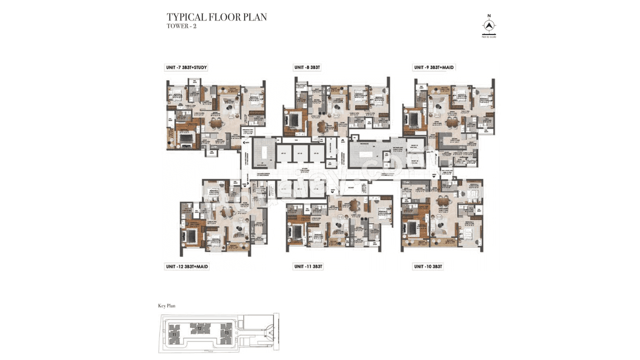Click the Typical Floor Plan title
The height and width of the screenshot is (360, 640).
[216, 17]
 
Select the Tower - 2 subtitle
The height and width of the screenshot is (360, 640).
[181, 26]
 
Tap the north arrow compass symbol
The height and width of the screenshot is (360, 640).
[488, 25]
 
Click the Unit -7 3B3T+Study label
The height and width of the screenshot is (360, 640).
[186, 67]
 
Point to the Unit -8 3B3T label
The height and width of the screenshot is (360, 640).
[307, 67]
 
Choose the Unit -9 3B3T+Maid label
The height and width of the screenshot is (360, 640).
[434, 67]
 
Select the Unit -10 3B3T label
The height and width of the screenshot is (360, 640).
[428, 267]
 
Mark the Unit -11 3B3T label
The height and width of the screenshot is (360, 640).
[308, 267]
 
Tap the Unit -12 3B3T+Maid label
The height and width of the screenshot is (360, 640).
[187, 267]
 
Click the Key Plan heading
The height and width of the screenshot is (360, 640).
[166, 305]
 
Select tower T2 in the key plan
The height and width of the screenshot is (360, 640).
[199, 328]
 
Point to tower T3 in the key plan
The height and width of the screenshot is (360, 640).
[226, 332]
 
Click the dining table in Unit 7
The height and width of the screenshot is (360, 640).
[216, 122]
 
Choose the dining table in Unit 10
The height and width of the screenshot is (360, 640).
[443, 201]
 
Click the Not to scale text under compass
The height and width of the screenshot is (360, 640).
[488, 36]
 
